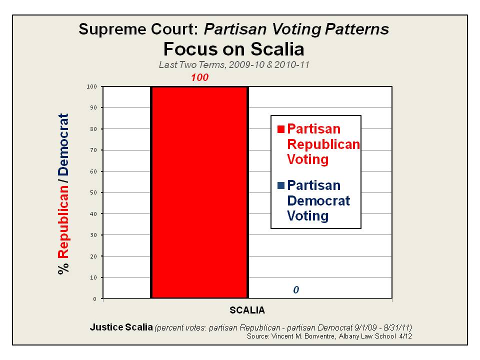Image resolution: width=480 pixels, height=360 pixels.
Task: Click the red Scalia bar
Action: pos(199,192)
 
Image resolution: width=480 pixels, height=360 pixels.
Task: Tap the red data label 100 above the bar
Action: pos(199,77)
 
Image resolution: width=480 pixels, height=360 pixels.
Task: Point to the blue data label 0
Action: pos(296,290)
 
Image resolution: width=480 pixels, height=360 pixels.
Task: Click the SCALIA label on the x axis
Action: pos(247,309)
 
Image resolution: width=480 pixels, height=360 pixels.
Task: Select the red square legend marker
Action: pos(280,129)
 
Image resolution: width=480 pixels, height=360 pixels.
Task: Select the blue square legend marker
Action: pos(280,185)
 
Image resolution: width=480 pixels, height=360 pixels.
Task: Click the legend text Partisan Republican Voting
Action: pos(322,144)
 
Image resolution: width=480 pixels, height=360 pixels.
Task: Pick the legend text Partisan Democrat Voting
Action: pos(318,200)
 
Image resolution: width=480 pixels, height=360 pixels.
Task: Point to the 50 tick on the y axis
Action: pos(94,192)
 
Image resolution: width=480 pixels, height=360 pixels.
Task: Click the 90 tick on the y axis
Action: pos(94,107)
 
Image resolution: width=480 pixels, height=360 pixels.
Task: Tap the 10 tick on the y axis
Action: pos(94,277)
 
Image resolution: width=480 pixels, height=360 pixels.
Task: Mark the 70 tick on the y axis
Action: pos(94,150)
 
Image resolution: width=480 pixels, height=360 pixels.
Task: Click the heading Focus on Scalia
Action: pos(233,49)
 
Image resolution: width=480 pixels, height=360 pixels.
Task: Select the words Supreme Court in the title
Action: pos(139,29)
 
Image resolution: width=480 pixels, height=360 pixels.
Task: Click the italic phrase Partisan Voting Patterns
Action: pos(296,29)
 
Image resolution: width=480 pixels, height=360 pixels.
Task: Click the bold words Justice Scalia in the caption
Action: pos(121,327)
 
